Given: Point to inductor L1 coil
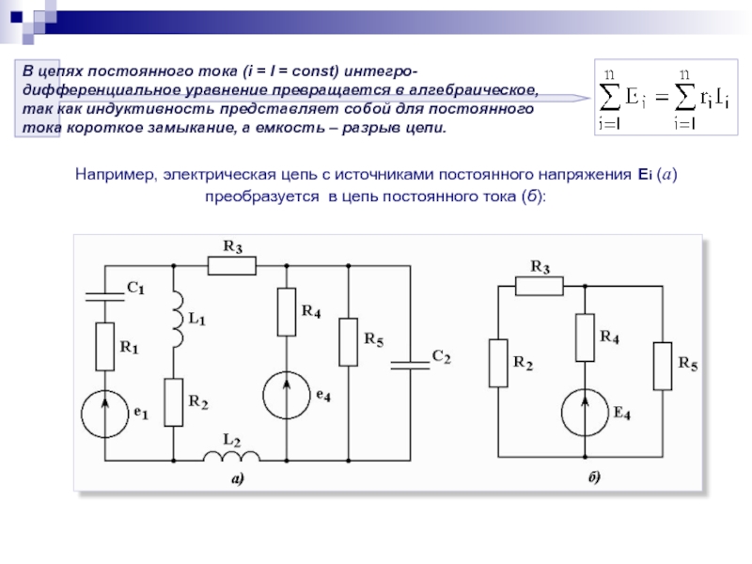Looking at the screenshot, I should [175, 316].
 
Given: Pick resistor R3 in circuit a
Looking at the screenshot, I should [231, 266].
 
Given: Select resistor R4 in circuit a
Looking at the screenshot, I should [287, 312].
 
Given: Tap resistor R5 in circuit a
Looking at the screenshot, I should [348, 342].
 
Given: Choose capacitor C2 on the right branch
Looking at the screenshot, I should [409, 363].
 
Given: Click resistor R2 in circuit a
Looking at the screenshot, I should [174, 402].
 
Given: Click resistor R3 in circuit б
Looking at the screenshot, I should [539, 286].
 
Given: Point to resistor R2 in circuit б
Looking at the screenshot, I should [498, 363].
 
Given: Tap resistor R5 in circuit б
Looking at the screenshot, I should [664, 366].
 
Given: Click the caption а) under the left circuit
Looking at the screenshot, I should [238, 478].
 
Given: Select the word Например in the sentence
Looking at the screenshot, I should [114, 175].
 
